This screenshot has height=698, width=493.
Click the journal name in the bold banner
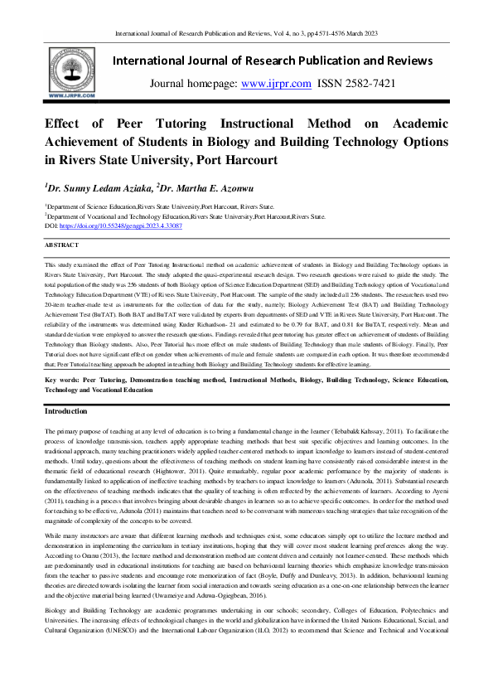coord(272,61)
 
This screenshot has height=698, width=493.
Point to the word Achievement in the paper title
coord(97,140)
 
